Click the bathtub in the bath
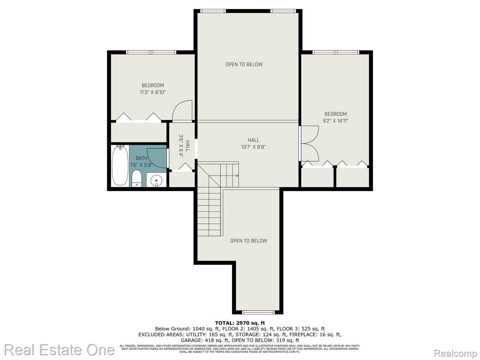[120, 166]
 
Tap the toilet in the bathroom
[137, 179]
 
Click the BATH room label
[141, 158]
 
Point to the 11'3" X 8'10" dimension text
[153, 92]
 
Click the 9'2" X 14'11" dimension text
[335, 121]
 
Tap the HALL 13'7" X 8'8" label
[253, 144]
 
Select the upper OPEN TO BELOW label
[244, 64]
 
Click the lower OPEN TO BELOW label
[248, 241]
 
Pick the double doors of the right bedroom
[310, 143]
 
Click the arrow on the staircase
[237, 176]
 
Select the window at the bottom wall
[258, 312]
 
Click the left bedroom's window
[151, 52]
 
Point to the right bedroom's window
[335, 52]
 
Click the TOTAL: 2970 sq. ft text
[240, 323]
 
